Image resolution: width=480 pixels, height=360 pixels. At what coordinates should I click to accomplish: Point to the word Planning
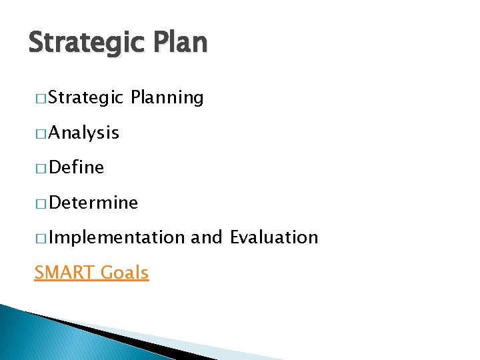pyautogui.click(x=167, y=99)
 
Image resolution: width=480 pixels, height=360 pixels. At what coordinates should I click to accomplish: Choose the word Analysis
pyautogui.click(x=83, y=133)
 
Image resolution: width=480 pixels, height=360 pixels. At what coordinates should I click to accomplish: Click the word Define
pyautogui.click(x=76, y=167)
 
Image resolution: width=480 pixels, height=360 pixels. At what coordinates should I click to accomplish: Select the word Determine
pyautogui.click(x=93, y=203)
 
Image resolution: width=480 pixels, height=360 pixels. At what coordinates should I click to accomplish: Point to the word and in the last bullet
pyautogui.click(x=207, y=237)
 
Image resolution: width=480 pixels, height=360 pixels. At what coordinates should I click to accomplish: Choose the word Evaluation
pyautogui.click(x=274, y=237)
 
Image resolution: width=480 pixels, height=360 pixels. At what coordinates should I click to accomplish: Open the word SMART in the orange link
pyautogui.click(x=64, y=272)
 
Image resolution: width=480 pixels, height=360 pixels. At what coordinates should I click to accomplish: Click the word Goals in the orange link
pyautogui.click(x=125, y=272)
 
